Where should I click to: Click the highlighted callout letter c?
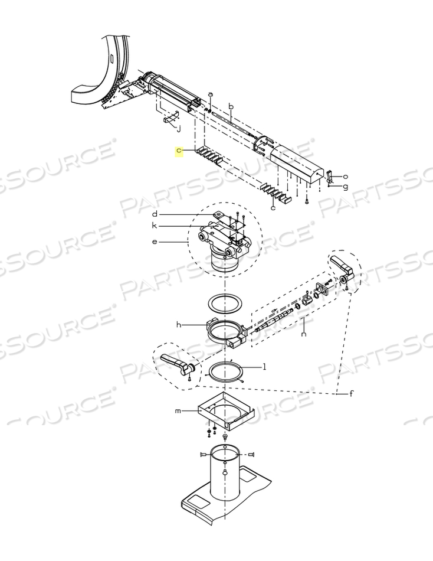(x=179, y=152)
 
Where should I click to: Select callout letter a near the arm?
(x=210, y=94)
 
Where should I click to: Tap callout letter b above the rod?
(x=231, y=107)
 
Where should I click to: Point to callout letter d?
(x=155, y=214)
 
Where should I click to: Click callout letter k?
(x=154, y=226)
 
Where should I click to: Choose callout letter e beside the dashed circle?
(x=155, y=242)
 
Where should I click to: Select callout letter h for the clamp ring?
(x=179, y=325)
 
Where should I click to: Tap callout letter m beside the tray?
(x=178, y=411)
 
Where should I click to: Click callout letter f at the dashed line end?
(x=352, y=393)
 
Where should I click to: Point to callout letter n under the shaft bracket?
(x=304, y=334)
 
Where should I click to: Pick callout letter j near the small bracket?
(x=179, y=129)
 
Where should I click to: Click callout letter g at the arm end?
(x=346, y=187)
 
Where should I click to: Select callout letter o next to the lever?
(x=346, y=177)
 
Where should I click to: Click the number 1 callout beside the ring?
(x=264, y=367)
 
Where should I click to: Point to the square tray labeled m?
(x=226, y=412)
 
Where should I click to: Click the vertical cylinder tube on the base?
(x=225, y=473)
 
